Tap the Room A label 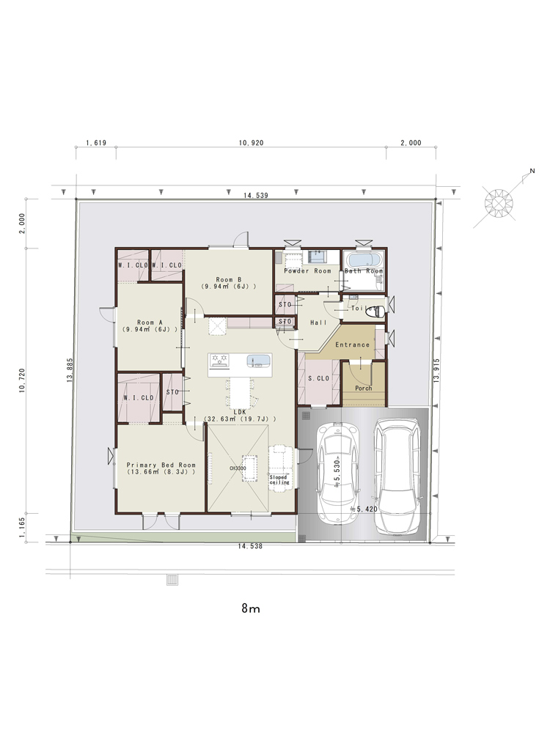coord(150,323)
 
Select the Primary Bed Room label coord(161,465)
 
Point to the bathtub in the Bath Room coord(364,260)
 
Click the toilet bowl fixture coord(376,311)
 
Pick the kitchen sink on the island coord(258,361)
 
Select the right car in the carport coord(397,476)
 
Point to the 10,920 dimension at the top coord(251,143)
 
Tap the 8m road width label coord(251,608)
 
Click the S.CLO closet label coord(318,378)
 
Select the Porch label coord(364,388)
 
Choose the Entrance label coord(352,345)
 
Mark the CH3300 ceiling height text coord(238,468)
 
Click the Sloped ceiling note coord(279,479)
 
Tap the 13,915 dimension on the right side coord(437,371)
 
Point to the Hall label coord(318,323)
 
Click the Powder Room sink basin coord(317,256)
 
